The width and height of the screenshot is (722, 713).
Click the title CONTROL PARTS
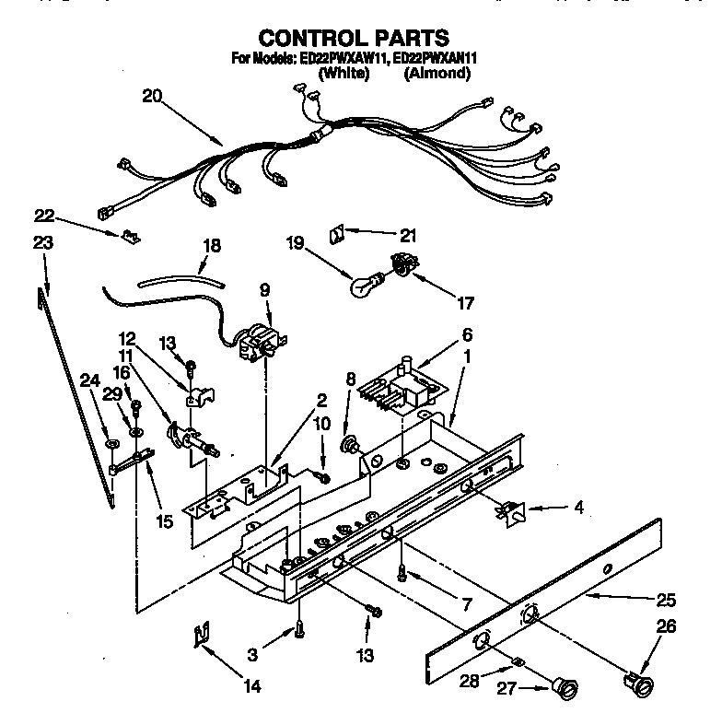coord(354,38)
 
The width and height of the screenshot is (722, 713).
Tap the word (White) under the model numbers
coord(343,74)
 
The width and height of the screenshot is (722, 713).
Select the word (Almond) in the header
coord(437,74)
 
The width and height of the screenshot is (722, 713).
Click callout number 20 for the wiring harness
coord(152,95)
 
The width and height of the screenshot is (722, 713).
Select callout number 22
coord(43,216)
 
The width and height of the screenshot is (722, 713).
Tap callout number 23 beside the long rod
coord(43,243)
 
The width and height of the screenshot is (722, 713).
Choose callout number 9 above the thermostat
coord(264,288)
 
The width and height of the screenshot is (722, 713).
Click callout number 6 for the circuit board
coord(467,335)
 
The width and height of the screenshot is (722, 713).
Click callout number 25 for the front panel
coord(665,601)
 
